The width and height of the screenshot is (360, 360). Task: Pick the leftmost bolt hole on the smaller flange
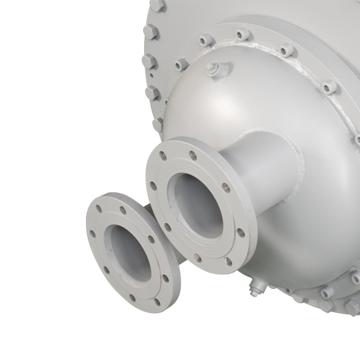pyautogui.click(x=93, y=234)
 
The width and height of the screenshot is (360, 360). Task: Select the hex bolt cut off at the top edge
pyautogui.click(x=157, y=5)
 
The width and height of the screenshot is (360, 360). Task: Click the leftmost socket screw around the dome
pyautogui.click(x=181, y=64)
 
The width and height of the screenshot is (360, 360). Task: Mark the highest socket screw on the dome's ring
pyautogui.click(x=243, y=34)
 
